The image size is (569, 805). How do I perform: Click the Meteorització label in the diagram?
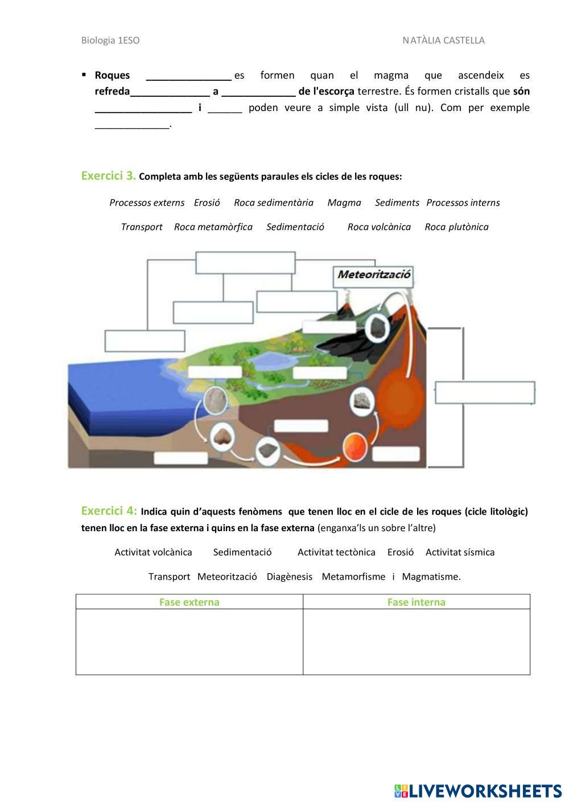pos(374,274)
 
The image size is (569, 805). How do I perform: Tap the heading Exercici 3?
pos(108,175)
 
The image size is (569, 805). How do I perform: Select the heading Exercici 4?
pos(109,510)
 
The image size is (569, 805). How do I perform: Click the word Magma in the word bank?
pos(344,203)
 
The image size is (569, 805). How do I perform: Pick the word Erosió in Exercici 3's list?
pos(207,203)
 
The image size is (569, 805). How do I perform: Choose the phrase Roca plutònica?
pos(456,227)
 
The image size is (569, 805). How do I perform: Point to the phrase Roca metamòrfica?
pos(213,227)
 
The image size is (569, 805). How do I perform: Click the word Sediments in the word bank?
pos(397,203)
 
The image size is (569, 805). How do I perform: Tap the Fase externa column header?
pos(189,602)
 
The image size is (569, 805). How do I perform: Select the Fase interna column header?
pos(416,602)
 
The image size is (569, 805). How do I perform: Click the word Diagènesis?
pos(290,577)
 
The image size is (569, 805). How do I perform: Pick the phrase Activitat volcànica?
pos(153,552)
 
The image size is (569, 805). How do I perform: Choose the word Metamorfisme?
pos(353,577)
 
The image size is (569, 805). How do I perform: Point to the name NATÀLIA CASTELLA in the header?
pos(443,40)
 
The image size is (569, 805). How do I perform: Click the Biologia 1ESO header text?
pos(110,40)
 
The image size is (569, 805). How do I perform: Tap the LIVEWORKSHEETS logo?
pos(478,791)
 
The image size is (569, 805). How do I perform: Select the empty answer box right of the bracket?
pos(485,393)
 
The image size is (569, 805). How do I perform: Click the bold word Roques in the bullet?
pos(112,75)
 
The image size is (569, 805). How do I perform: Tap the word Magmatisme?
pos(431,577)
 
